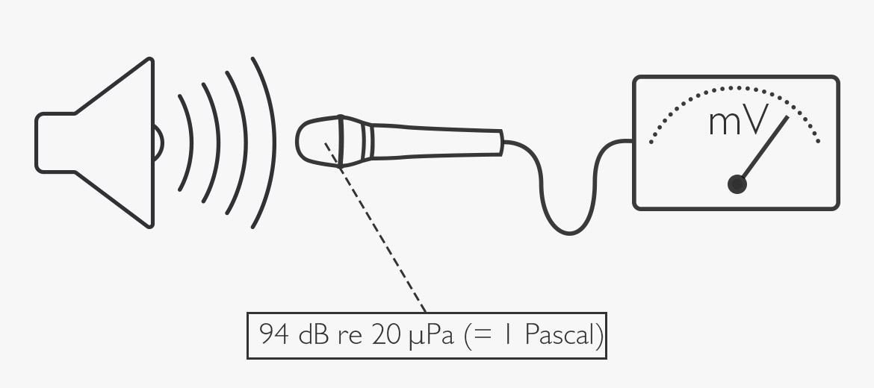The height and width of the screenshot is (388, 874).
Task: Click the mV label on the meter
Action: [x=739, y=122]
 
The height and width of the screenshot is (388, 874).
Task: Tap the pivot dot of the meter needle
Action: [x=737, y=184]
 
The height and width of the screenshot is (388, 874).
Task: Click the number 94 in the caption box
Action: [x=274, y=334]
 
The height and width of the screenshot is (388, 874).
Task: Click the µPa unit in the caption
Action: [x=432, y=336]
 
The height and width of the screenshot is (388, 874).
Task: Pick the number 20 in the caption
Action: [x=385, y=334]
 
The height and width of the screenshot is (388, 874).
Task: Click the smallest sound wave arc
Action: [x=191, y=143]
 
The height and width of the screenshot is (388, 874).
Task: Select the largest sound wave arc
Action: [x=274, y=143]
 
